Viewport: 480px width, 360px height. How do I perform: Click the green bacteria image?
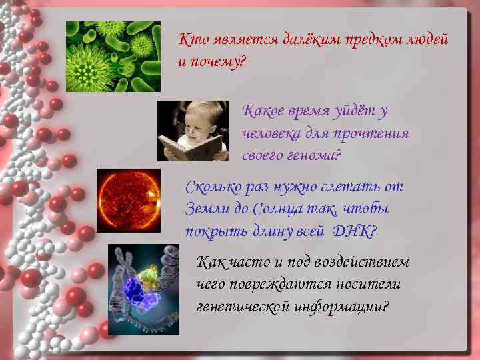(x=113, y=57)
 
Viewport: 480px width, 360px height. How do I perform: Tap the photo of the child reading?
(x=193, y=131)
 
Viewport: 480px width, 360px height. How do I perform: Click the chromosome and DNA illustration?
(x=143, y=280)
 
